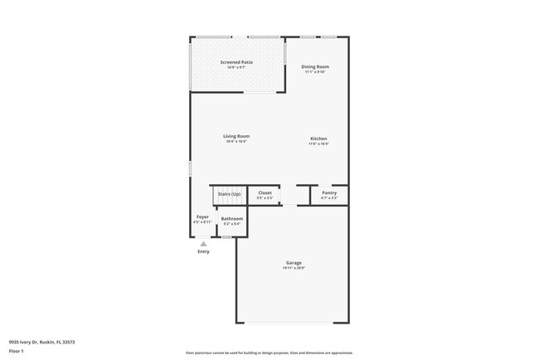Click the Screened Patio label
(x=236, y=62)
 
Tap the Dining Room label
(x=315, y=66)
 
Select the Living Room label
(x=236, y=136)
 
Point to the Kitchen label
(x=318, y=139)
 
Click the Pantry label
(x=329, y=192)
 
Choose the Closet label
(x=265, y=192)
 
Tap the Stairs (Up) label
(x=229, y=193)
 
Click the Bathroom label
(x=232, y=218)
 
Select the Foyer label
(x=202, y=217)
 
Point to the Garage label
(x=294, y=262)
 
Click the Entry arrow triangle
(x=203, y=243)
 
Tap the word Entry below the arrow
(x=203, y=251)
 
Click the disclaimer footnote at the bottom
(x=269, y=353)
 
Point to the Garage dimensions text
(x=294, y=268)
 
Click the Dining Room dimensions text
(x=315, y=72)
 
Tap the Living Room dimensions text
(x=236, y=142)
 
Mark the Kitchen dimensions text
(x=318, y=144)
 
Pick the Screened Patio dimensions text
(x=236, y=68)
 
